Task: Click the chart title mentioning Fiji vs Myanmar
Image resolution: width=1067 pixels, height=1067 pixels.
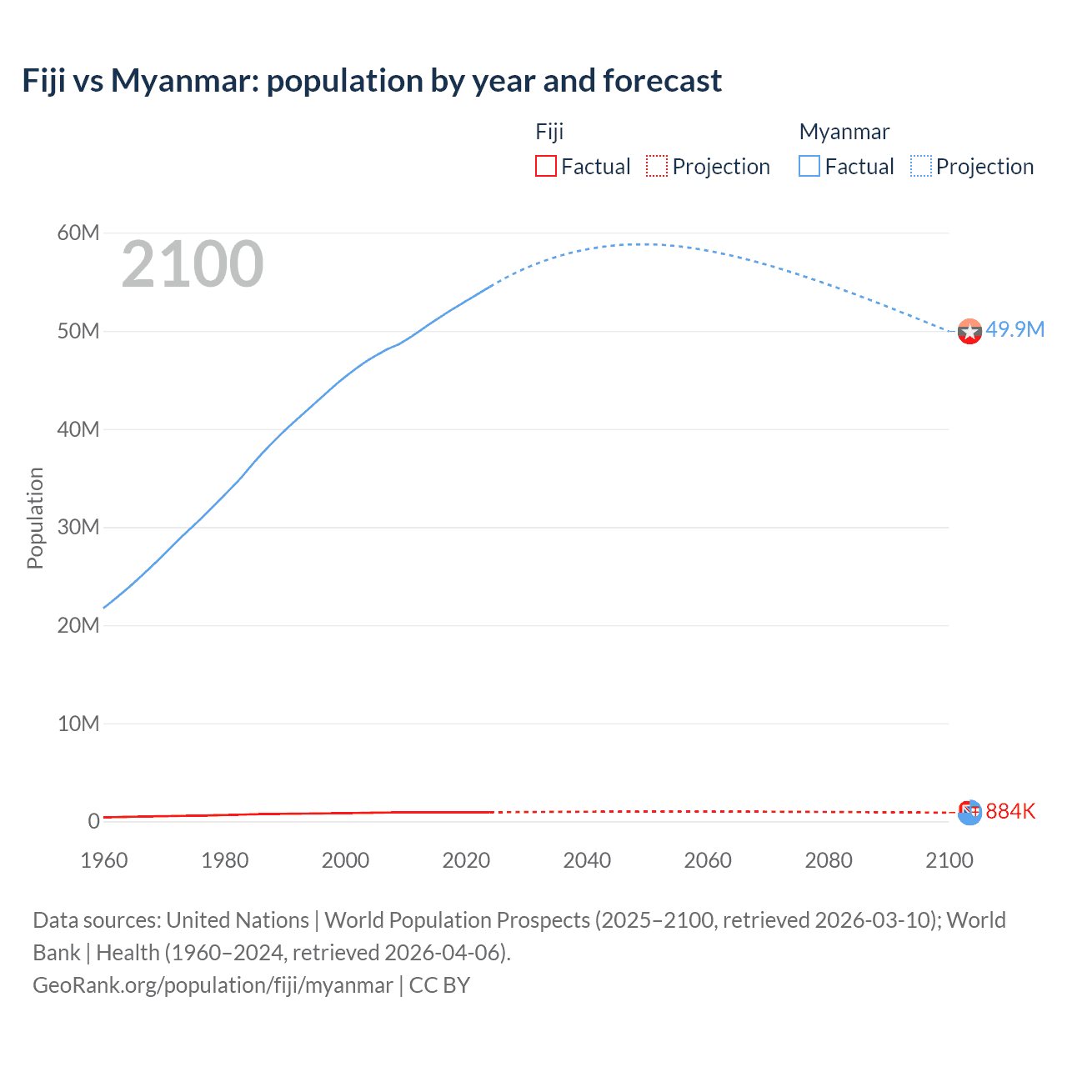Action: (x=372, y=81)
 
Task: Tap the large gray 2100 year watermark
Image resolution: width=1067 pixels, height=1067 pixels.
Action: (x=193, y=264)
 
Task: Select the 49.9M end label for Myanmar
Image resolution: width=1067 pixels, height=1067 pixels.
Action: (x=1014, y=329)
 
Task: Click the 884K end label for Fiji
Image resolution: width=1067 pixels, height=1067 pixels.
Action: (x=1010, y=811)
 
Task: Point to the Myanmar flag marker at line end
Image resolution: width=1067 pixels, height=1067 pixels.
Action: (x=969, y=332)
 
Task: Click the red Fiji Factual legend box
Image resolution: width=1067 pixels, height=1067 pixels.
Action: (x=545, y=166)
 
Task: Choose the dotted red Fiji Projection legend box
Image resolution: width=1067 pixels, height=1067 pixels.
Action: (x=657, y=166)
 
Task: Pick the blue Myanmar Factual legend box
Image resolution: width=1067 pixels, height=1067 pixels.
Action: (x=809, y=166)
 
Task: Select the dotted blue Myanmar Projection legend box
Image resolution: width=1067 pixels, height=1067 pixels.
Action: (x=920, y=166)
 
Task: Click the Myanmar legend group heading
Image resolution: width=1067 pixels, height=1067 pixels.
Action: (x=844, y=132)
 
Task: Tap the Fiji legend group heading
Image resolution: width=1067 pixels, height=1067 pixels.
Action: (x=549, y=132)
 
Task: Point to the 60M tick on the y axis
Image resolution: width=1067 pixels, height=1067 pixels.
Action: (x=78, y=233)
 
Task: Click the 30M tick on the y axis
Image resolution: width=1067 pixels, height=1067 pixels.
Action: (x=78, y=527)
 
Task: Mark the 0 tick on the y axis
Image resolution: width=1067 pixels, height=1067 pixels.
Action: (x=93, y=821)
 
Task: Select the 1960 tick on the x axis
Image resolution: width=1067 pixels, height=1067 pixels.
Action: (x=104, y=860)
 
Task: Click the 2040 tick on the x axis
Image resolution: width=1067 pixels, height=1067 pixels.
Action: (x=587, y=860)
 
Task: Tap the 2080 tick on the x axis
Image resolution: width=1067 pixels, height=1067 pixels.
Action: (x=829, y=860)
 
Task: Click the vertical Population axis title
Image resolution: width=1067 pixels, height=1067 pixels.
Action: (x=35, y=518)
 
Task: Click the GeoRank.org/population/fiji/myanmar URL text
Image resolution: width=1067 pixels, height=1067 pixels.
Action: (x=213, y=984)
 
